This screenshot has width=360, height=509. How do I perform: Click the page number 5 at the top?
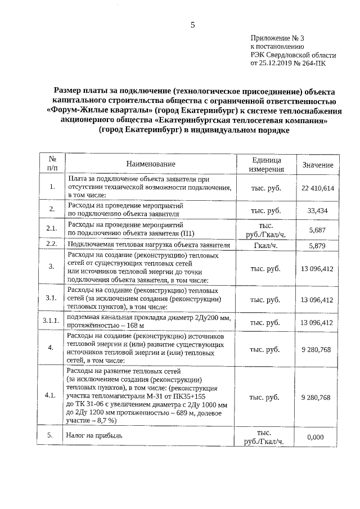(192, 25)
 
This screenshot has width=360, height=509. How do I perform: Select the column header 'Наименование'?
(151, 164)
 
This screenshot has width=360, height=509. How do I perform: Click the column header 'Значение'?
(318, 165)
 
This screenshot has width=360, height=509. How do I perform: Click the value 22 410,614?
(318, 187)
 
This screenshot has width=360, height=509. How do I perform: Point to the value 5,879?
(318, 245)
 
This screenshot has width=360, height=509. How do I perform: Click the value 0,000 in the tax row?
(318, 436)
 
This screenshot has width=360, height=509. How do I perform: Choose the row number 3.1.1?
(52, 322)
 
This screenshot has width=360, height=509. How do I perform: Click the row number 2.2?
(52, 245)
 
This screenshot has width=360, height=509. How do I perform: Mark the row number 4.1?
(52, 397)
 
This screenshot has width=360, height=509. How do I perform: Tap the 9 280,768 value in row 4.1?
(318, 397)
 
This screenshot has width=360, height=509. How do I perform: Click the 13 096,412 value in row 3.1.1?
(318, 322)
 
